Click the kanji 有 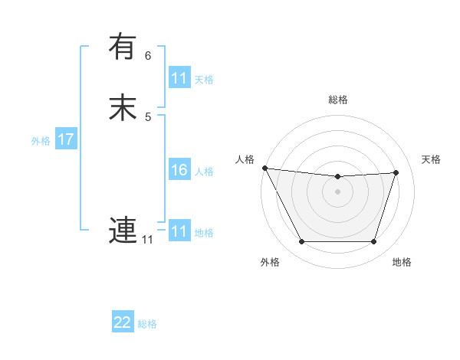pyautogui.click(x=123, y=47)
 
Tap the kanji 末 pyautogui.click(x=123, y=107)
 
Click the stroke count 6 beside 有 pyautogui.click(x=148, y=56)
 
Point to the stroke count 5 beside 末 pyautogui.click(x=148, y=116)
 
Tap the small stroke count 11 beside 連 pyautogui.click(x=147, y=240)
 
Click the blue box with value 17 pyautogui.click(x=65, y=139)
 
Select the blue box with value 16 pyautogui.click(x=179, y=170)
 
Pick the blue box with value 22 pyautogui.click(x=123, y=322)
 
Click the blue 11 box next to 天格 pyautogui.click(x=179, y=78)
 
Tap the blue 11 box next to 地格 pyautogui.click(x=179, y=231)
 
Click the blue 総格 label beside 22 pyautogui.click(x=147, y=324)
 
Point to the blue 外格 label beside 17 pyautogui.click(x=41, y=141)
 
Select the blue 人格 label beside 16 pyautogui.click(x=204, y=172)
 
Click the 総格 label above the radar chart pyautogui.click(x=337, y=100)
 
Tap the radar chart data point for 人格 pyautogui.click(x=264, y=168)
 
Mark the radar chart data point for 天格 pyautogui.click(x=396, y=172)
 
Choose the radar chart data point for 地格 pyautogui.click(x=373, y=241)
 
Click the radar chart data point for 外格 pyautogui.click(x=301, y=241)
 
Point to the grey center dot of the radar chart pyautogui.click(x=337, y=191)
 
